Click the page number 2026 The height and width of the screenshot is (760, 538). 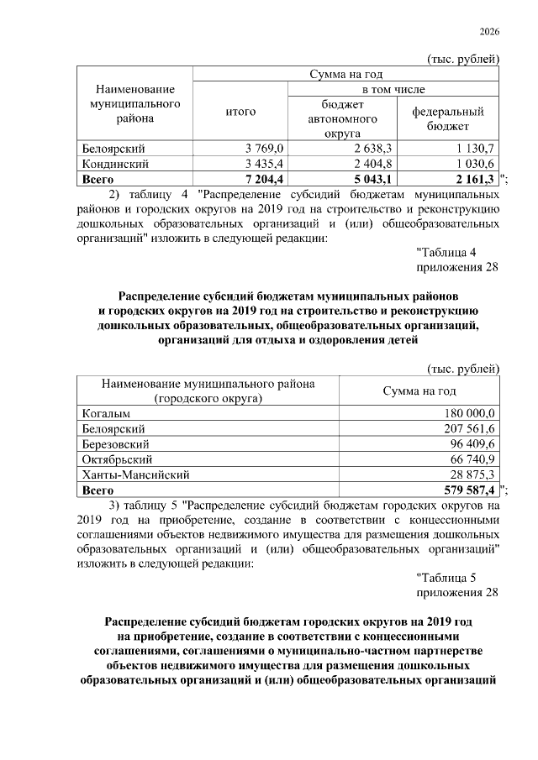coord(489,31)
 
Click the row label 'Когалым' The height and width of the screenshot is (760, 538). coord(107,412)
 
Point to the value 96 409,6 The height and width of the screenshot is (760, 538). coord(471,443)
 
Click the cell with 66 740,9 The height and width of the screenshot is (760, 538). coord(471,459)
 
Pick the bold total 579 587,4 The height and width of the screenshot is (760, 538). coord(467,490)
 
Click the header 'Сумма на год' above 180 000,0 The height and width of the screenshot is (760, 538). coord(419,390)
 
